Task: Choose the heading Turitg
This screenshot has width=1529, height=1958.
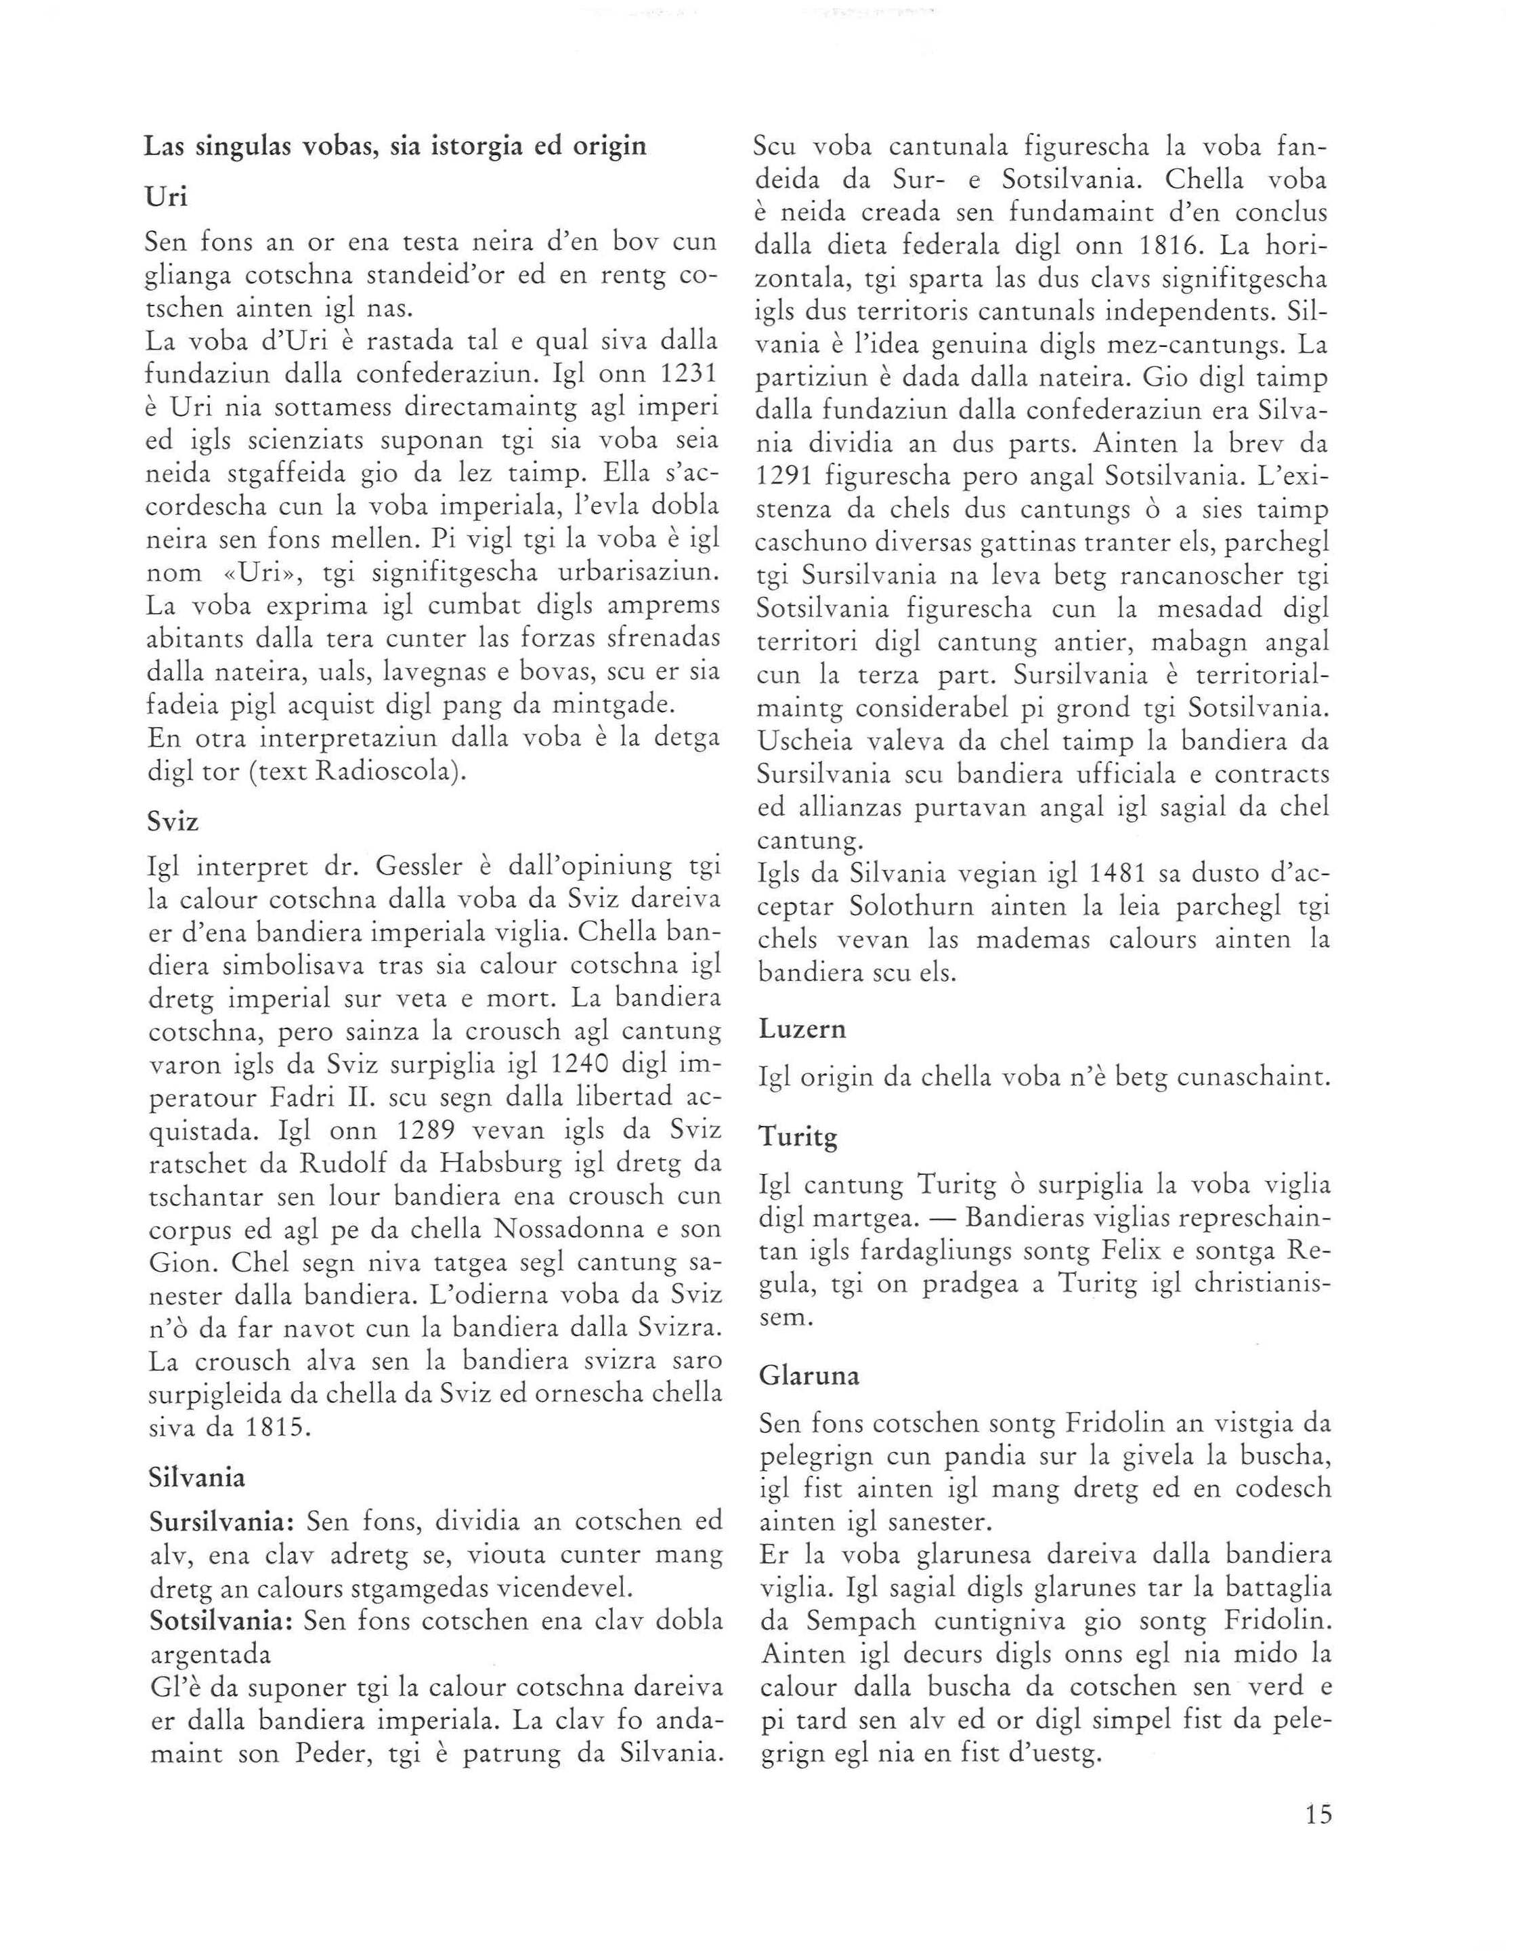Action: point(798,1139)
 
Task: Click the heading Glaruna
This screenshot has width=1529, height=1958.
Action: point(809,1375)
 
